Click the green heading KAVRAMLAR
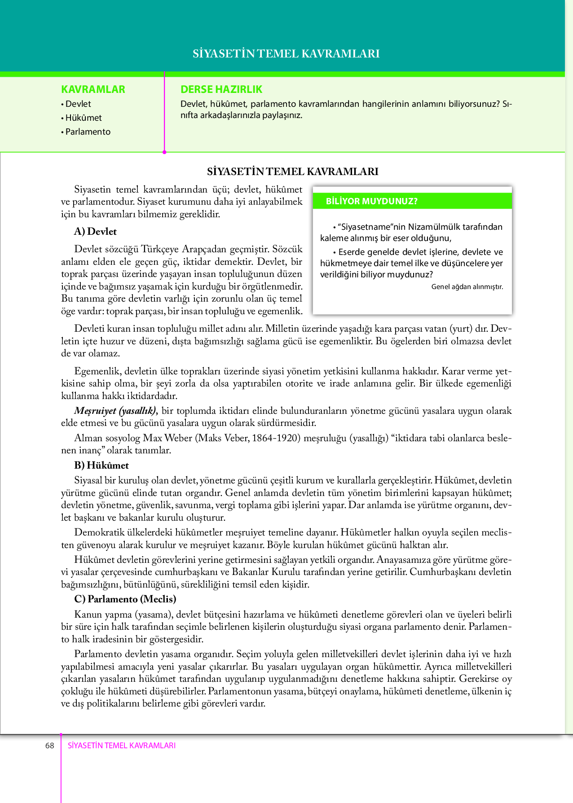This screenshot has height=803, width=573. [x=93, y=89]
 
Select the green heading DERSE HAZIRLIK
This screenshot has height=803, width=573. [x=221, y=89]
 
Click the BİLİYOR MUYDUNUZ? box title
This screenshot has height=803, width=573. [x=371, y=202]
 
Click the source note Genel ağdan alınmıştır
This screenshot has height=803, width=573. [x=467, y=287]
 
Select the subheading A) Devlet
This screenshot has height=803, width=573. [x=95, y=232]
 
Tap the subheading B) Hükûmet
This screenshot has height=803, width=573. [x=101, y=465]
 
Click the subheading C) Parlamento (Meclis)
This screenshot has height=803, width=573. [x=125, y=599]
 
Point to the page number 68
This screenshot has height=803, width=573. [x=49, y=746]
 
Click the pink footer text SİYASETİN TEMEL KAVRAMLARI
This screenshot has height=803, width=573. [x=121, y=746]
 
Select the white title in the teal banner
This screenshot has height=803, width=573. [x=286, y=54]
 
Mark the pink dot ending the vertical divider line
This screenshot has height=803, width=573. [x=164, y=152]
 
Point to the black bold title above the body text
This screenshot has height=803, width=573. [x=292, y=171]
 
